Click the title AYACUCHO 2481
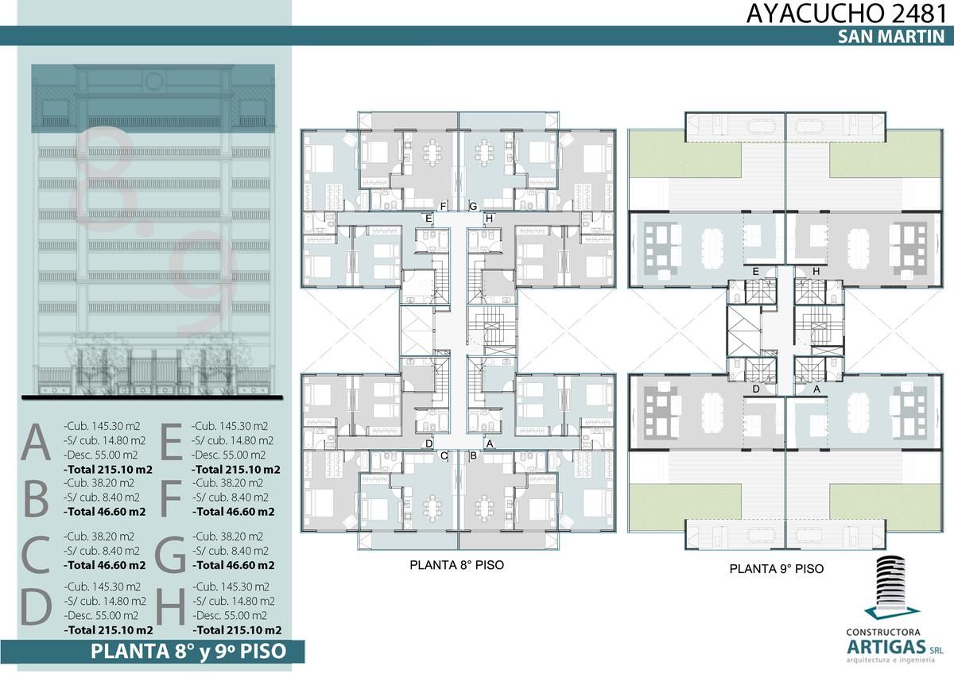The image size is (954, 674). pos(846,14)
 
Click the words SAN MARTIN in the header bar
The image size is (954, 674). pos(891,37)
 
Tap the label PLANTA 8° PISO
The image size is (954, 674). pos(456,565)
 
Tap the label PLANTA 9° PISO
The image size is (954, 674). pos(777,569)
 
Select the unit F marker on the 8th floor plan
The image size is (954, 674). pos(443,207)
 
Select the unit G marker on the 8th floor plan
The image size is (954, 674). pos(473,207)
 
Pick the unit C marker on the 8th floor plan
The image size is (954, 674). pos(444,455)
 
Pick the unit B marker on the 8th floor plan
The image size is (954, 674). pos(473,455)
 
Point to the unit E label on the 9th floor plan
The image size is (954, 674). pos(755,271)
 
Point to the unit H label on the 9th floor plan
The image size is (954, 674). pos(816,271)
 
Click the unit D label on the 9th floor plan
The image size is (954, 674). pos(756,389)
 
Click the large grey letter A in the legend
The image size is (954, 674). pos(36,443)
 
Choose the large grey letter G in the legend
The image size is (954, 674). pos(170,553)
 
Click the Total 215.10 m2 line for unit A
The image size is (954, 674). pos(108,470)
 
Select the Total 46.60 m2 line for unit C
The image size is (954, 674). pos(105,565)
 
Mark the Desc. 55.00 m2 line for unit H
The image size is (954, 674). pos(230,616)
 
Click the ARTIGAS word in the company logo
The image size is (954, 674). pos(886,647)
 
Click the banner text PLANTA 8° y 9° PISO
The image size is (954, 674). pos(188,652)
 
